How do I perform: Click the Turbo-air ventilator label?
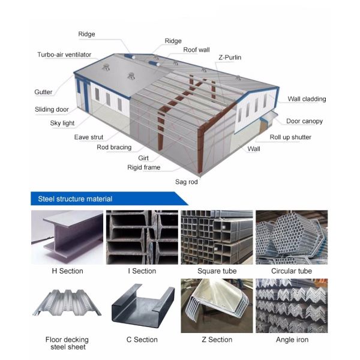click(x=64, y=55)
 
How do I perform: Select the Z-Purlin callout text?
click(x=230, y=58)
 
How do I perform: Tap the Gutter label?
click(x=43, y=92)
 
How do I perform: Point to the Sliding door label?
click(x=52, y=109)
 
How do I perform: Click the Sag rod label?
click(x=187, y=182)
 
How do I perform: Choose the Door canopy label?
click(x=304, y=121)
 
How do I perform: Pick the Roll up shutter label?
click(x=290, y=137)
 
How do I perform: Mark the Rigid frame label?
click(x=144, y=167)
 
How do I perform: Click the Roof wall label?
click(x=196, y=50)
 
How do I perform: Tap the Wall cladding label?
click(x=307, y=99)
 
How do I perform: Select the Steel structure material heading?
click(x=75, y=199)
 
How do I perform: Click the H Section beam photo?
click(x=67, y=237)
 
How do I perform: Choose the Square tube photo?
click(x=217, y=237)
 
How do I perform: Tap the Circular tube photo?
click(x=292, y=237)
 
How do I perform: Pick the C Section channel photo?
click(x=143, y=305)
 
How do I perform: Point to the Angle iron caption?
click(x=292, y=340)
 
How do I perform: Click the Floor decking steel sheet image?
click(x=67, y=302)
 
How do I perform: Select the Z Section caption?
click(x=217, y=340)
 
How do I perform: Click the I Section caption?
click(x=142, y=271)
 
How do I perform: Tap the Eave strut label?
click(x=89, y=137)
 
